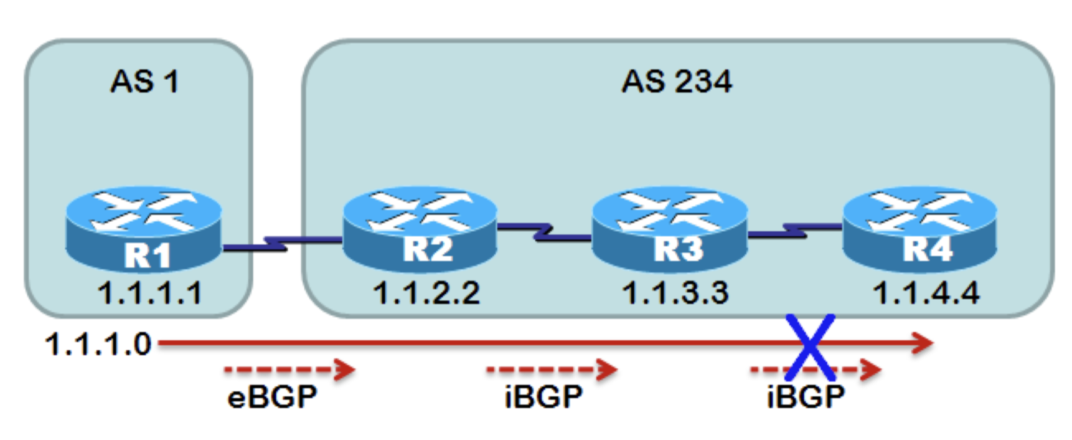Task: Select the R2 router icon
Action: (420, 227)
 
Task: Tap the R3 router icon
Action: (670, 227)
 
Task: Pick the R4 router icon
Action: (919, 227)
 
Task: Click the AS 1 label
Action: (144, 82)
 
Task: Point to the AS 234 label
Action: (677, 82)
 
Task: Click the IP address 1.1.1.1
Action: (149, 293)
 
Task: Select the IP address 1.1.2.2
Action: (426, 293)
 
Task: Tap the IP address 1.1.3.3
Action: (675, 293)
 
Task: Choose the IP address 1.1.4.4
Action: (926, 293)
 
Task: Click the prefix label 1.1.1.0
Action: (98, 343)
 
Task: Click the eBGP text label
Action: (272, 396)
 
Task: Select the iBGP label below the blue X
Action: (806, 396)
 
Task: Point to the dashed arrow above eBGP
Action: (288, 370)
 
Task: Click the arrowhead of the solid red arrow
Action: (923, 342)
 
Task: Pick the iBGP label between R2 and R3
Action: (543, 396)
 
